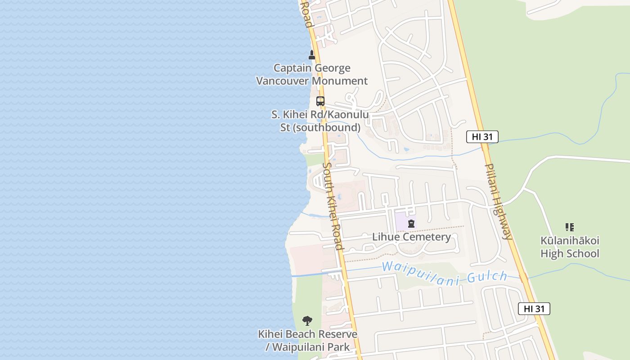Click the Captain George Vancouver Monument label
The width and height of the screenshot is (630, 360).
[x=311, y=75]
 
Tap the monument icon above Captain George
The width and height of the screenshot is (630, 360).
[x=311, y=55]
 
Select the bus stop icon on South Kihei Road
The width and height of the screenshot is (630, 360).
[x=320, y=101]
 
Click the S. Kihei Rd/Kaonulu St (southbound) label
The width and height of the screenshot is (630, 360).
[x=320, y=121]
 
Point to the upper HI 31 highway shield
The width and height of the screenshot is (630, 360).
[x=482, y=137]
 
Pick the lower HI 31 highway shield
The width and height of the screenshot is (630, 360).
[x=534, y=309]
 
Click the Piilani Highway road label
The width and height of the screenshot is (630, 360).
[x=498, y=201]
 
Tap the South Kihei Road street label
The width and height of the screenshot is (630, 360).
[x=333, y=206]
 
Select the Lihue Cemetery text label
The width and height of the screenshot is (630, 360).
[x=411, y=237]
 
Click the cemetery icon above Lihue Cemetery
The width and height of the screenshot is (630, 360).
[x=411, y=224]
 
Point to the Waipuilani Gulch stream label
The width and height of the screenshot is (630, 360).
[x=445, y=272]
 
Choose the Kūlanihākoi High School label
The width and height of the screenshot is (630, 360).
[x=570, y=247]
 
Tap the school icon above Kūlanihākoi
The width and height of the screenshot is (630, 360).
[x=570, y=227]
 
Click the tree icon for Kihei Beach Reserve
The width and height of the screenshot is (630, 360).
[x=307, y=321]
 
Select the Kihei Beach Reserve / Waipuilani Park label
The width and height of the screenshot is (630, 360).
[x=307, y=341]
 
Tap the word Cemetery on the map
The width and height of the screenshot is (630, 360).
[x=427, y=237]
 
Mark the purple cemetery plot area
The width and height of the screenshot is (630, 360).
[x=403, y=221]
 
